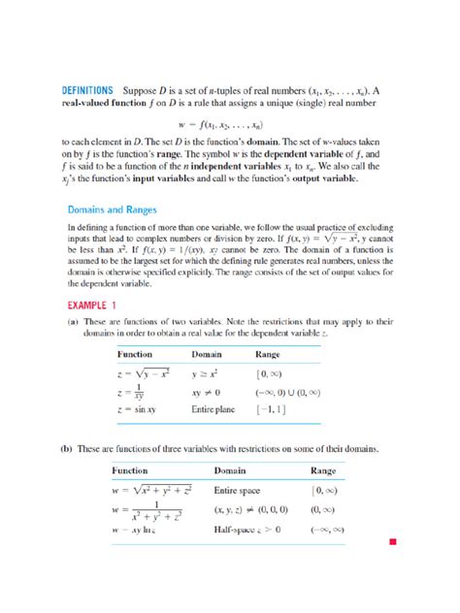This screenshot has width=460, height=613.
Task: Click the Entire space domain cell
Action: click(238, 490)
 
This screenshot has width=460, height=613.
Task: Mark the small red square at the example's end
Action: click(392, 540)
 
